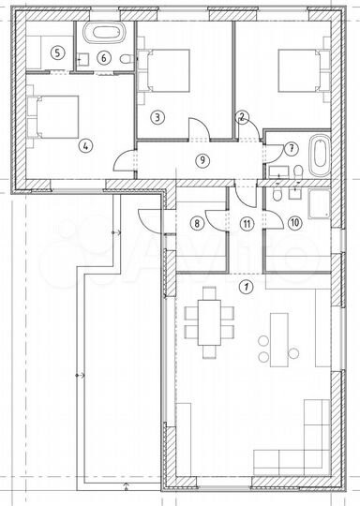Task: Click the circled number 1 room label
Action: point(247,286)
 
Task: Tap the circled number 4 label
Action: point(85,146)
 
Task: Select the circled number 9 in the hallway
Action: point(202,160)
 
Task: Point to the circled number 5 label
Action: point(57,52)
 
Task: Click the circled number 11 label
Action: point(247,223)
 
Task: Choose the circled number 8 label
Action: point(197,223)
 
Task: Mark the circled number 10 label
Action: point(295,223)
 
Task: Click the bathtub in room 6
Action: point(104,33)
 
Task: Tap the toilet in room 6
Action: point(126,59)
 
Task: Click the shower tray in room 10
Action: point(319,204)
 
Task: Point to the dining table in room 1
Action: point(210,322)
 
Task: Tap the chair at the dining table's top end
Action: point(209,293)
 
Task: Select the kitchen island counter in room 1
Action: point(279,339)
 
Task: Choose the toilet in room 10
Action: point(277,195)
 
